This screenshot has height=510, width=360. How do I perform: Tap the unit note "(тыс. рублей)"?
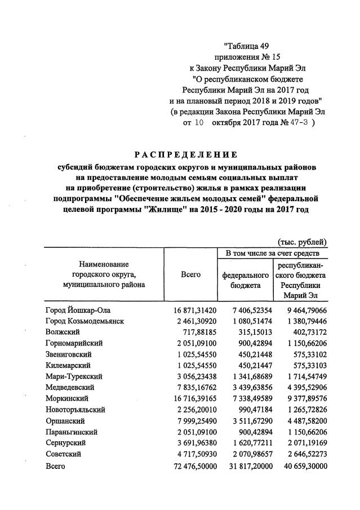click(x=302, y=242)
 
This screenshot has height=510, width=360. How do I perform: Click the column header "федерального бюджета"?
click(x=245, y=281)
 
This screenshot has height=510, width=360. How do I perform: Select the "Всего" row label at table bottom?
click(x=55, y=466)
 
